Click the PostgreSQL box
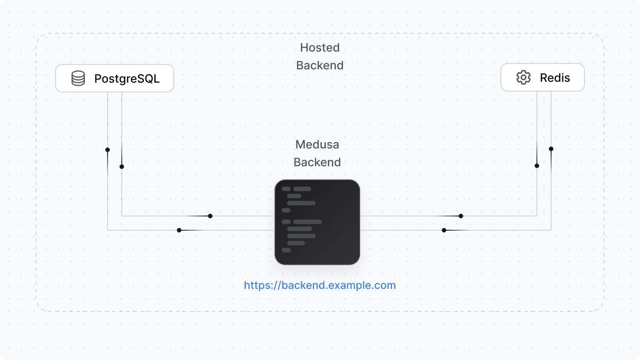[115, 78]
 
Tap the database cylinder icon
[78, 78]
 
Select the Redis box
[542, 78]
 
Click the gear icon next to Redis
[524, 78]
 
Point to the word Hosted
[320, 48]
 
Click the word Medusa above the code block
[317, 144]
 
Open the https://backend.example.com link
[320, 285]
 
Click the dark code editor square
[317, 222]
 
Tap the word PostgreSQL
[127, 79]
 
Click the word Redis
[555, 78]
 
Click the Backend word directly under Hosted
[320, 65]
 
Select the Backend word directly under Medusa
[317, 162]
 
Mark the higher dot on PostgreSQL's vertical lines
[108, 150]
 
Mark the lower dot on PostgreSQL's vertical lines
[122, 167]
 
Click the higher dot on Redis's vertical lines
[551, 149]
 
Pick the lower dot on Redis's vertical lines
[537, 166]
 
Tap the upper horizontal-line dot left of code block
[210, 216]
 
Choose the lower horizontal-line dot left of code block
[179, 230]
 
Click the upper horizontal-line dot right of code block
[461, 216]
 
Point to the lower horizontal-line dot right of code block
[444, 230]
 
